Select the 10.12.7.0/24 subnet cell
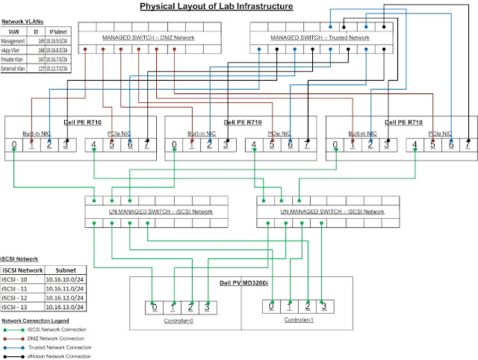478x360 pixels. (x=58, y=68)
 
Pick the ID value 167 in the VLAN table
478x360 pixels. (x=40, y=60)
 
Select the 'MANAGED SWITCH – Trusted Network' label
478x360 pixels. (x=320, y=37)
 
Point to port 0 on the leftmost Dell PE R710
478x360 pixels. (x=13, y=144)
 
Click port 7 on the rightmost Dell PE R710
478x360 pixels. (x=468, y=144)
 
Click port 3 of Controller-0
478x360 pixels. (x=208, y=306)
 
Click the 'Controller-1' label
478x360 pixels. (x=299, y=320)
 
